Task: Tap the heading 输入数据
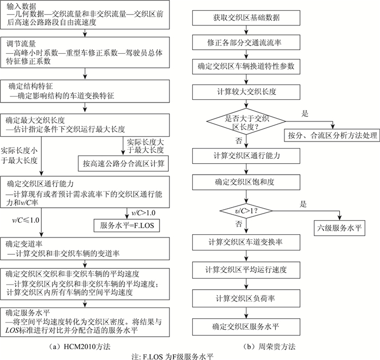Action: click(x=21, y=5)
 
